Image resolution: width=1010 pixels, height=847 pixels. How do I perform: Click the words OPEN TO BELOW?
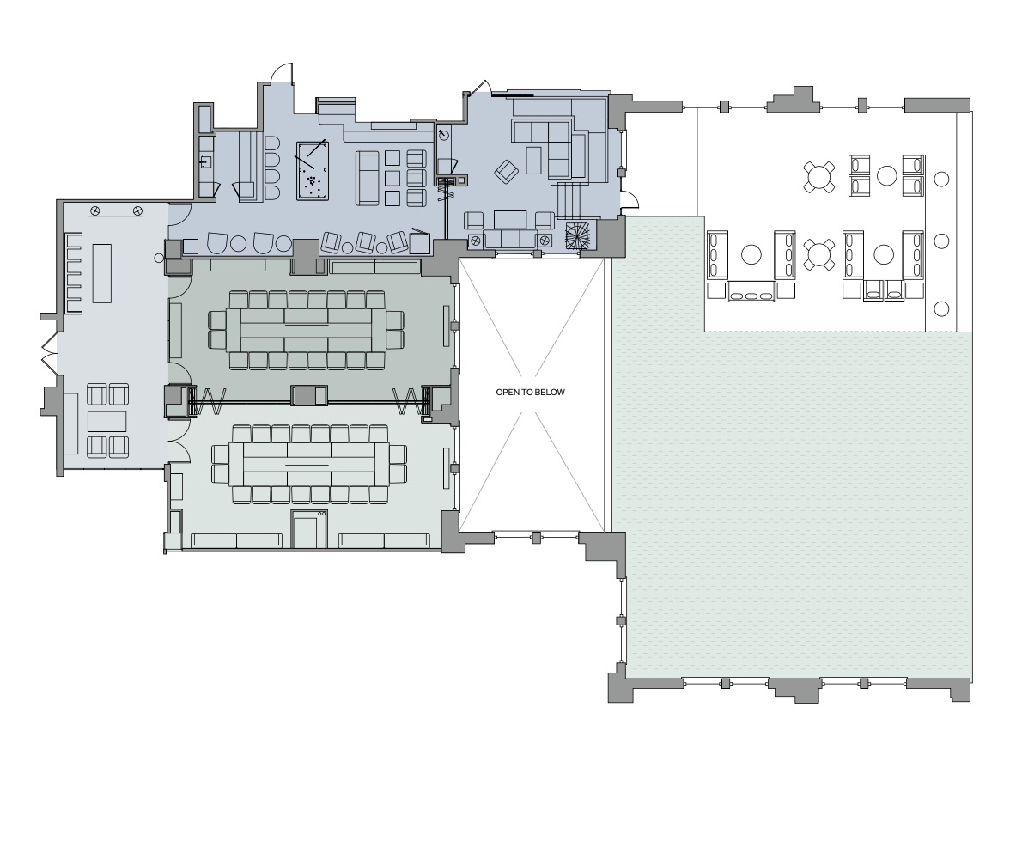(x=530, y=392)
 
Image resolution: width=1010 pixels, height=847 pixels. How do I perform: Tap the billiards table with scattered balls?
(x=312, y=171)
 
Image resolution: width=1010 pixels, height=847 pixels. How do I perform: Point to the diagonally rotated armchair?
(x=507, y=171)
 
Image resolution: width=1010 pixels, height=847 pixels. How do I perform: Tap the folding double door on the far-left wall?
(x=49, y=354)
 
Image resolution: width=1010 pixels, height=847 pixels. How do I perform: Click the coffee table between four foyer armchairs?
(x=106, y=421)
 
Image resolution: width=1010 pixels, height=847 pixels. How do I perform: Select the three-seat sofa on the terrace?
(x=751, y=292)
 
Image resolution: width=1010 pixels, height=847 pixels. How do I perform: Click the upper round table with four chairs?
(x=819, y=176)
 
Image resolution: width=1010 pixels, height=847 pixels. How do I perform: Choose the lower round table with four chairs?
(x=819, y=254)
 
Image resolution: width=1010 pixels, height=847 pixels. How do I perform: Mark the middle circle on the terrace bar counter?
(x=941, y=241)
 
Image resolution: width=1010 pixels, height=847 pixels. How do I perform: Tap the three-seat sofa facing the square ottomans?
(x=368, y=179)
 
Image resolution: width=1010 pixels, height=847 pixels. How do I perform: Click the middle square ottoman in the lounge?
(x=393, y=177)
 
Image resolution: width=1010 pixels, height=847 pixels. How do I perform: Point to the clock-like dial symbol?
(x=444, y=135)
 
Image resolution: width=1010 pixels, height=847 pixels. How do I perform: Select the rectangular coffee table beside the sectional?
(x=533, y=161)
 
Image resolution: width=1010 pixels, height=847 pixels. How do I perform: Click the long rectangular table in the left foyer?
(x=101, y=273)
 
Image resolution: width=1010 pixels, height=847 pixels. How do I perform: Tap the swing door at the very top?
(x=282, y=73)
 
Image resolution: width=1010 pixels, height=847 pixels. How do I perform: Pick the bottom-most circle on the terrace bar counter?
(x=941, y=308)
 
